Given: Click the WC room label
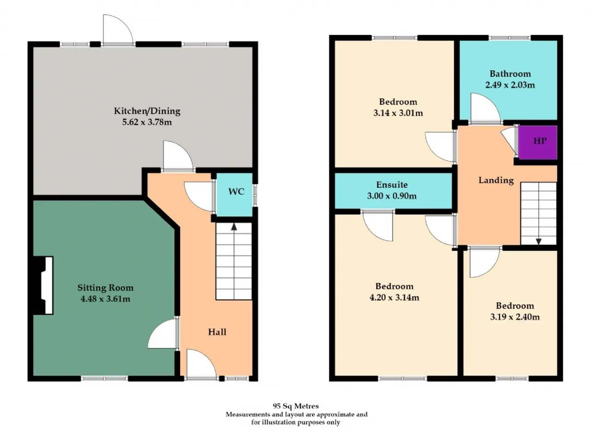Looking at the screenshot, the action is pos(236,192).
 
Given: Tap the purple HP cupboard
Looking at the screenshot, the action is pos(537,142).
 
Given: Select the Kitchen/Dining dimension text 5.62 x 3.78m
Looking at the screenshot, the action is pos(147,122).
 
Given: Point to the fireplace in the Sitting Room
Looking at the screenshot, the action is pos(43,285).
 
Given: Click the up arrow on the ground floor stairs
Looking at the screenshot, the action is pos(234,227).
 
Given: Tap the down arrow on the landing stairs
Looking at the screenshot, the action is pos(539,242).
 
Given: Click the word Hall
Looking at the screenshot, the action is pos(217,332).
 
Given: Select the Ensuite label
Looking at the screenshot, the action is pos(392,185).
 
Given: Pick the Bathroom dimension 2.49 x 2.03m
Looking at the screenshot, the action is pos(510,85).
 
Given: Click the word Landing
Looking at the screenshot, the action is pos(496,180).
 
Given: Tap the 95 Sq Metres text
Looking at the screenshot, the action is pos(295,406).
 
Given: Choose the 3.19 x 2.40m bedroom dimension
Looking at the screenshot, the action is pos(515,317).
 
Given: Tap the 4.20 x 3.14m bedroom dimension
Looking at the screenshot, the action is pos(394,297).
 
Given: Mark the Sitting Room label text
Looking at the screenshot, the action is pos(106,288).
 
